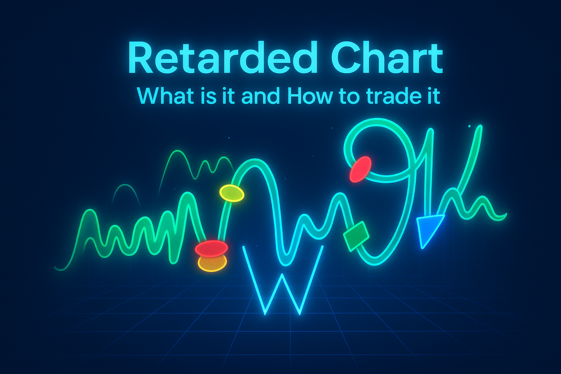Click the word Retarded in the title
[221, 57]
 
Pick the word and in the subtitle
[260, 96]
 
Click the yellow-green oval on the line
[232, 193]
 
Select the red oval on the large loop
[360, 169]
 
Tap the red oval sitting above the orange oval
[211, 248]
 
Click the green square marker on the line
[356, 236]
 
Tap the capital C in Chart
[345, 58]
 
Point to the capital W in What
[148, 96]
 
